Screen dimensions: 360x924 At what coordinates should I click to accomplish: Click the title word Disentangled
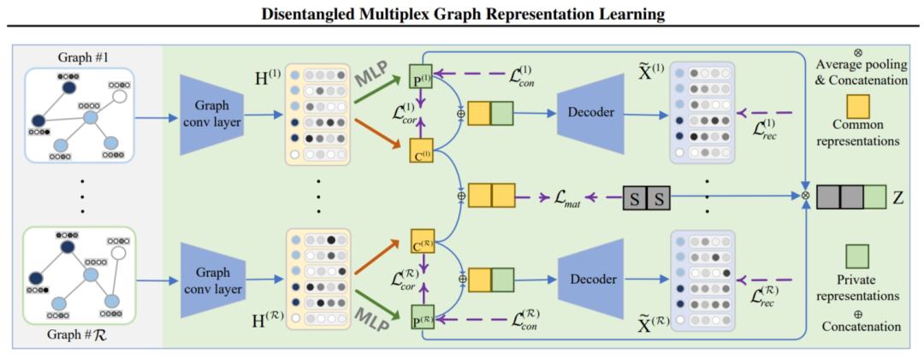(x=306, y=13)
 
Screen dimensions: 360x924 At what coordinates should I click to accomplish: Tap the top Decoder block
(x=594, y=115)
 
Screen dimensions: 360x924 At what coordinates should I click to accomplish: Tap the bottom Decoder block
(x=594, y=279)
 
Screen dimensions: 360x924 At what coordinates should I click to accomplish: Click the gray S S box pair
(x=646, y=198)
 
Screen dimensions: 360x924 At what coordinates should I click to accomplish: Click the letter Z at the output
(x=898, y=197)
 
